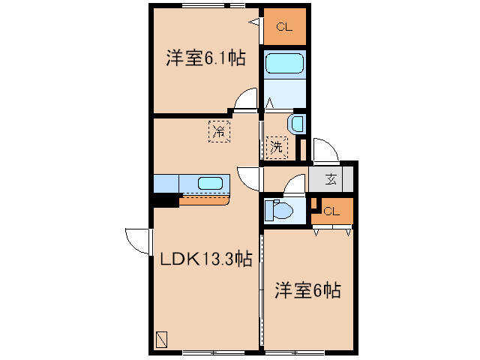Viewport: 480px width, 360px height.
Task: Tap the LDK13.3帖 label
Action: click(x=204, y=259)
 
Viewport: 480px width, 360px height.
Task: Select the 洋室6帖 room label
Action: click(x=307, y=289)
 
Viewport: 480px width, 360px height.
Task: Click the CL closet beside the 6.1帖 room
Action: click(x=283, y=28)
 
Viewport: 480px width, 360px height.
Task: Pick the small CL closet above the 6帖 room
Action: click(x=332, y=211)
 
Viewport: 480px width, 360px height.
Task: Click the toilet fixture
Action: click(x=280, y=211)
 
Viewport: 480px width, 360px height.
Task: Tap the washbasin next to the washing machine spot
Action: click(x=297, y=124)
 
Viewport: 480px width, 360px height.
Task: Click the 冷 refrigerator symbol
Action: click(x=219, y=131)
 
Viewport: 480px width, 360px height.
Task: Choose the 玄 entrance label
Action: click(x=331, y=179)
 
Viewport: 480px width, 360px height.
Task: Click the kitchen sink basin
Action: click(x=210, y=182)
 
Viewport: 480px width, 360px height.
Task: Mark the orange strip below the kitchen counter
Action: click(x=205, y=199)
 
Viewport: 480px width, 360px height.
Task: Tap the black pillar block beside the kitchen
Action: click(x=165, y=200)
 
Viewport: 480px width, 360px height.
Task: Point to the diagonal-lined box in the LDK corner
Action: click(x=162, y=340)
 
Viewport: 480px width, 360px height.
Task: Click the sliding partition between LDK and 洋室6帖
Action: click(x=262, y=289)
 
